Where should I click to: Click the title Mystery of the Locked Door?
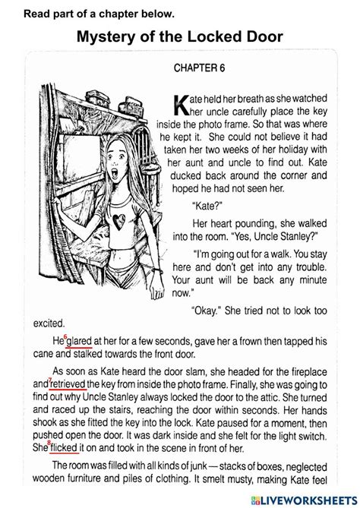[180, 37]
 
